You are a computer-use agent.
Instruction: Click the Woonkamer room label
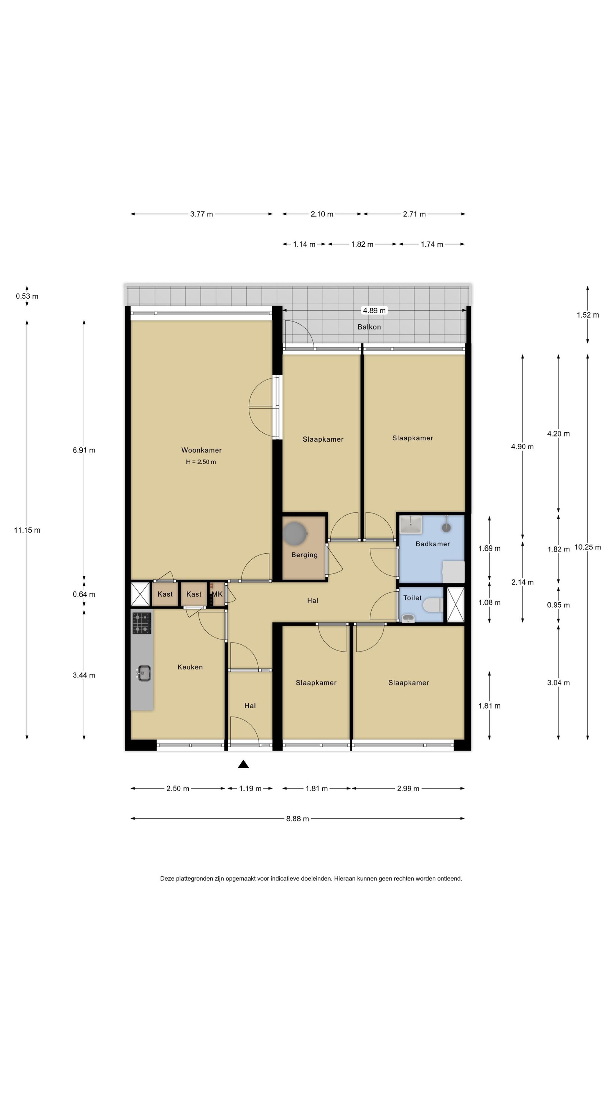[x=201, y=450]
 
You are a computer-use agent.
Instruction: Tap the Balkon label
[x=369, y=327]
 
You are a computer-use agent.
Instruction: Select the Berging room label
[x=304, y=554]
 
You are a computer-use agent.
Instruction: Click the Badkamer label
[x=432, y=543]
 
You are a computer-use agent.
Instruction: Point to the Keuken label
[x=190, y=667]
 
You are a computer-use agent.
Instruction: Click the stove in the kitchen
[x=142, y=623]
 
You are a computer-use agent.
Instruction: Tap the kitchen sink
[x=143, y=673]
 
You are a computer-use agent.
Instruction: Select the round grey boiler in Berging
[x=295, y=533]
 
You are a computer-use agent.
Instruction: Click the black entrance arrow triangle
[x=243, y=764]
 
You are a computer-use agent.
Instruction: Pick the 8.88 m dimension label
[x=297, y=819]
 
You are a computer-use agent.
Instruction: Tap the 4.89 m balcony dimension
[x=374, y=310]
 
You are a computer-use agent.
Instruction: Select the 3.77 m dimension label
[x=202, y=214]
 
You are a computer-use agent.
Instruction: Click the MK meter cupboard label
[x=217, y=594]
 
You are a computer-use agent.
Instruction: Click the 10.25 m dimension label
[x=588, y=547]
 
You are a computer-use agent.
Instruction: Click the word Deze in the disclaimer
[x=167, y=878]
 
